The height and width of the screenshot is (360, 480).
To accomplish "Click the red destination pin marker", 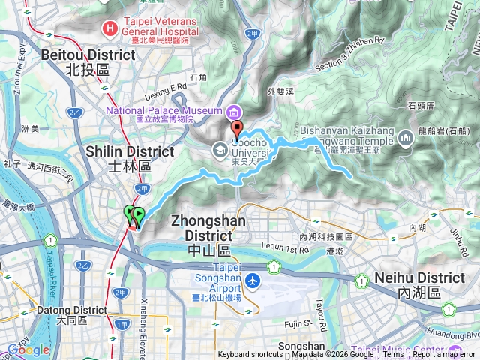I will pos(237,128).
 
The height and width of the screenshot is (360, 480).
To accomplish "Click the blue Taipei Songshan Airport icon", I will pos(253,281).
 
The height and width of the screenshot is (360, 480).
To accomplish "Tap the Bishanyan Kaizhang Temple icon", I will pos(405,139).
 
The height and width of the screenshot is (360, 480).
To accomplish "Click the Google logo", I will pos(28,349).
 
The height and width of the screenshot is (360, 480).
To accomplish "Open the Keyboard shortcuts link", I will pos(250,355).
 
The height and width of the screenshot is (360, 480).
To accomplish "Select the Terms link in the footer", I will pos(393,355).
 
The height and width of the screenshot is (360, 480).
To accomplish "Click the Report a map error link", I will pos(445,355).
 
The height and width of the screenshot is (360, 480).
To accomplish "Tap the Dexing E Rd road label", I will pos(166,88).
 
